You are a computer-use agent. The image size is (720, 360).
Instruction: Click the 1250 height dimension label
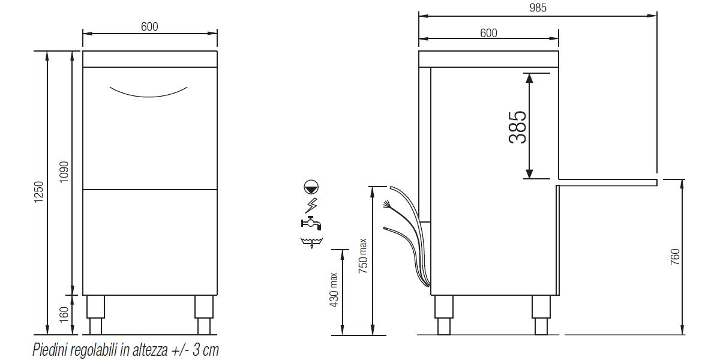pos(39,192)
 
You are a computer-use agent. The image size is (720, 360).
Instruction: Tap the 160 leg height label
pos(65,313)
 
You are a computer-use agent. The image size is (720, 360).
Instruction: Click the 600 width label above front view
pos(149,26)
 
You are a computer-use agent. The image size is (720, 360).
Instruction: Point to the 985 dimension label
pos(538,8)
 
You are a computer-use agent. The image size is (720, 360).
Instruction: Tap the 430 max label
pos(334,291)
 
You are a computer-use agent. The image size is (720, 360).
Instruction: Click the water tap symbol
pos(311,223)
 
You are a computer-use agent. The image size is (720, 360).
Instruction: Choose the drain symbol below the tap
pos(311,242)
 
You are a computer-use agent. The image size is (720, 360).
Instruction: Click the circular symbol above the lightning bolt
pos(312,187)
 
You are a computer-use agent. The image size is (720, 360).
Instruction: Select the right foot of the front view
pos(203,314)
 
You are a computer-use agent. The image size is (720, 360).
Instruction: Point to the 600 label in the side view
pos(488,34)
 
